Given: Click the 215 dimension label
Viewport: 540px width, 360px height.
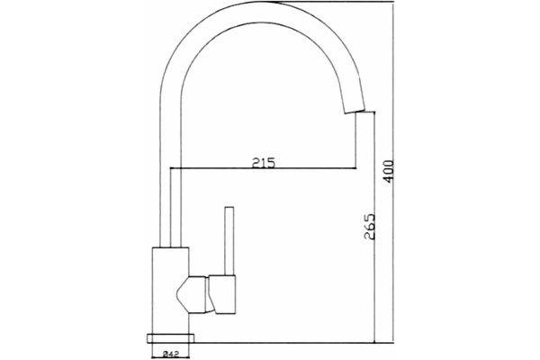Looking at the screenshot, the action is point(264,162).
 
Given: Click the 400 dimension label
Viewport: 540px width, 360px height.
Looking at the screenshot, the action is point(388,172).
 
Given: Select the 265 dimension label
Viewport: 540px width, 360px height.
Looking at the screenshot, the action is point(370,226).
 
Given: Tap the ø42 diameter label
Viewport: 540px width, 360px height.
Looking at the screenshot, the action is point(170,353).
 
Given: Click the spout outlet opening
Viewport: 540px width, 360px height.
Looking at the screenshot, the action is point(354,111).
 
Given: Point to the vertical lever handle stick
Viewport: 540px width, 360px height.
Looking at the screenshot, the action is point(229,241).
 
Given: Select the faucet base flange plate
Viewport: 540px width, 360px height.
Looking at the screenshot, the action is point(170,338).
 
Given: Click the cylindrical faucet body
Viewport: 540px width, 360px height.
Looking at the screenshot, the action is point(170,291).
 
